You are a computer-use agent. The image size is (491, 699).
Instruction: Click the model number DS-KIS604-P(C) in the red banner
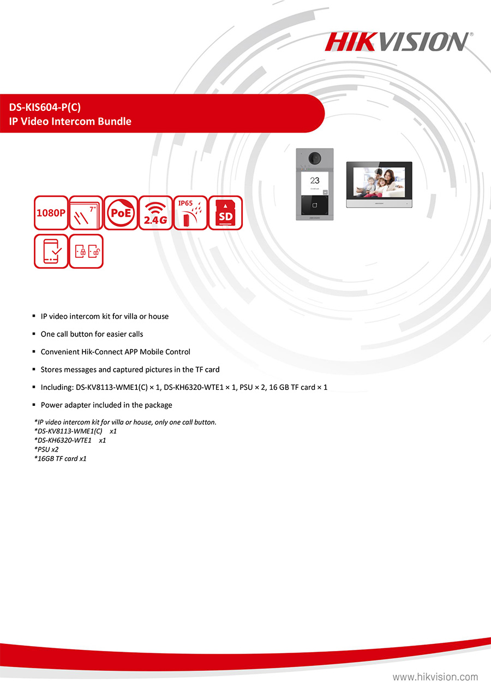pos(49,107)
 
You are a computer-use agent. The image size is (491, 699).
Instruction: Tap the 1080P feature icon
pos(51,213)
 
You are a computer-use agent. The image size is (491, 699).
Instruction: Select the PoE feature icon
pos(121,213)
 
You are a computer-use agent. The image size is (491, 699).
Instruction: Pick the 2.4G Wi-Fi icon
pos(155,213)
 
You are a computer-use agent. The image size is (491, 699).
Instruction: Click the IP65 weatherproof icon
pos(190,213)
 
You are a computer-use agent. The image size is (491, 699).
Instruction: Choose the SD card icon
pos(225,213)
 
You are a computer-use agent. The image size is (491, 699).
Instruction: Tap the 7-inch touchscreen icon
pos(86,213)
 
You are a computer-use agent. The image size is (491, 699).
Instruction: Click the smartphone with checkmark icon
pos(51,251)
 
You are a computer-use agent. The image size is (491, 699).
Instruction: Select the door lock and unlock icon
pos(86,251)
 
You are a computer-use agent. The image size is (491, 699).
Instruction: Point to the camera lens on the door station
pos(314,157)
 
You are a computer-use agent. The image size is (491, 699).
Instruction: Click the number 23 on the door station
pos(315,180)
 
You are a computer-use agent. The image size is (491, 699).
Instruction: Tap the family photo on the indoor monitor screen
pos(379,182)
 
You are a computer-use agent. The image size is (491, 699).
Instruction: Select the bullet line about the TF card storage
pos(130,370)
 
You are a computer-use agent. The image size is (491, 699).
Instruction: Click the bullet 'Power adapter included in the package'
pos(106,405)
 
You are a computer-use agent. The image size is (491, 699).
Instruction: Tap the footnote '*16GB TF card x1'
pos(61,459)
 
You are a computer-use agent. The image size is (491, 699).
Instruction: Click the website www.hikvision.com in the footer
pos(435,677)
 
